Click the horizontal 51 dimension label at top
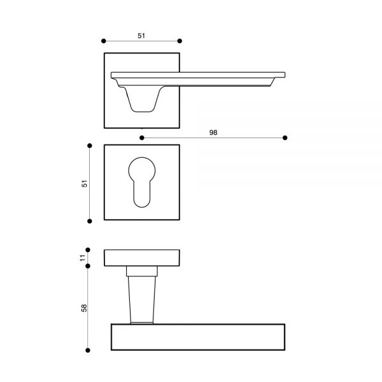pos(141,36)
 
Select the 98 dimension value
pos(213,132)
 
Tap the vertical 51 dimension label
pos(84,183)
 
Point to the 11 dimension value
pos(83,258)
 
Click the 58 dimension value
pos(84,308)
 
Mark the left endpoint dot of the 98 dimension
pos(142,138)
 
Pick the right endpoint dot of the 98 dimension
pos(285,138)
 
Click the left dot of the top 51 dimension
pos(104,41)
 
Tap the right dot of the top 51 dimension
pos(180,41)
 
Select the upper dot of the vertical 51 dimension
pos(90,146)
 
